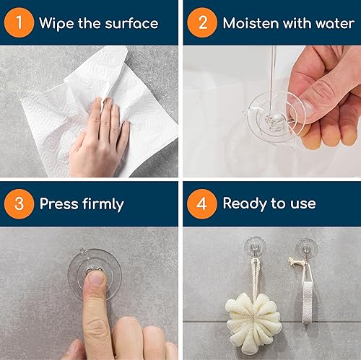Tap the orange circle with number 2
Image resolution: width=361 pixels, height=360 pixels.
[x=202, y=23]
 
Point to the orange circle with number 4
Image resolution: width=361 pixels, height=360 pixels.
[x=202, y=203]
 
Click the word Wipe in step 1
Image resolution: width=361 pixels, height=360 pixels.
[x=56, y=23]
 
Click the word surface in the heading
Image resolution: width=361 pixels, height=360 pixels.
[x=132, y=23]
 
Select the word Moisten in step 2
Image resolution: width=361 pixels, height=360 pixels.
[x=251, y=23]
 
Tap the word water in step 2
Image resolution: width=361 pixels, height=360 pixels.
[x=334, y=23]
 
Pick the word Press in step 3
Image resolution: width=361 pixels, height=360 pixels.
[x=59, y=203]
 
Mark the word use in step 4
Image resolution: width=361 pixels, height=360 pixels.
[x=303, y=203]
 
